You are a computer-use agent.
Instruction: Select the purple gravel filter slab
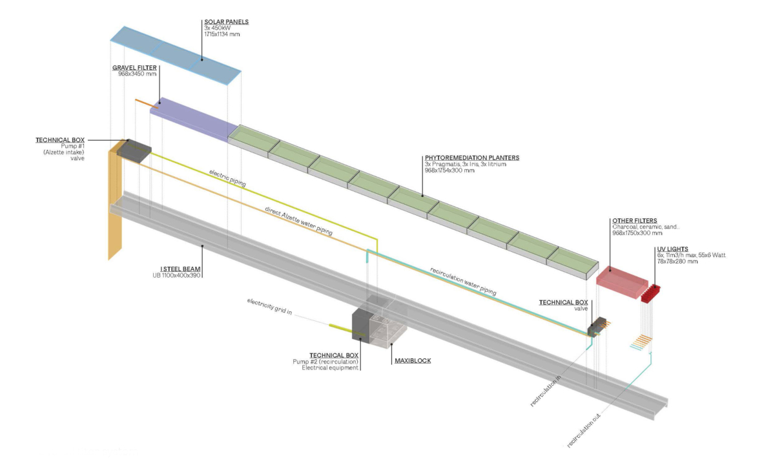(x=191, y=120)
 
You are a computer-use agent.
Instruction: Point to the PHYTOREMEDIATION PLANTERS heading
(x=463, y=158)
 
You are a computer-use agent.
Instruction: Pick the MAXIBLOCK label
(x=413, y=361)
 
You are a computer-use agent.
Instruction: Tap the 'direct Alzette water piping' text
(x=299, y=221)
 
